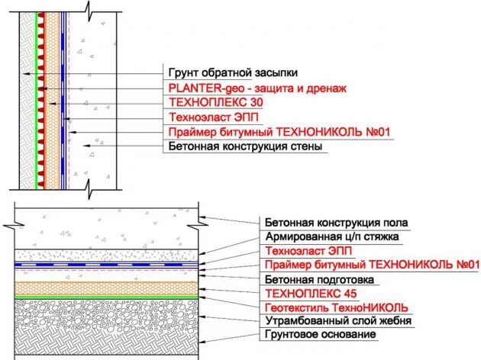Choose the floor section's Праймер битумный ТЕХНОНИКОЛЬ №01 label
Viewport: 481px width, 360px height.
tap(372, 265)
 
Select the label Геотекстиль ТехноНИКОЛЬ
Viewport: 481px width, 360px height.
tap(337, 307)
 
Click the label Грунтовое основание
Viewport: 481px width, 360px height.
tap(320, 336)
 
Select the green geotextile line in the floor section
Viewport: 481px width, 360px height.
tap(107, 297)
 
